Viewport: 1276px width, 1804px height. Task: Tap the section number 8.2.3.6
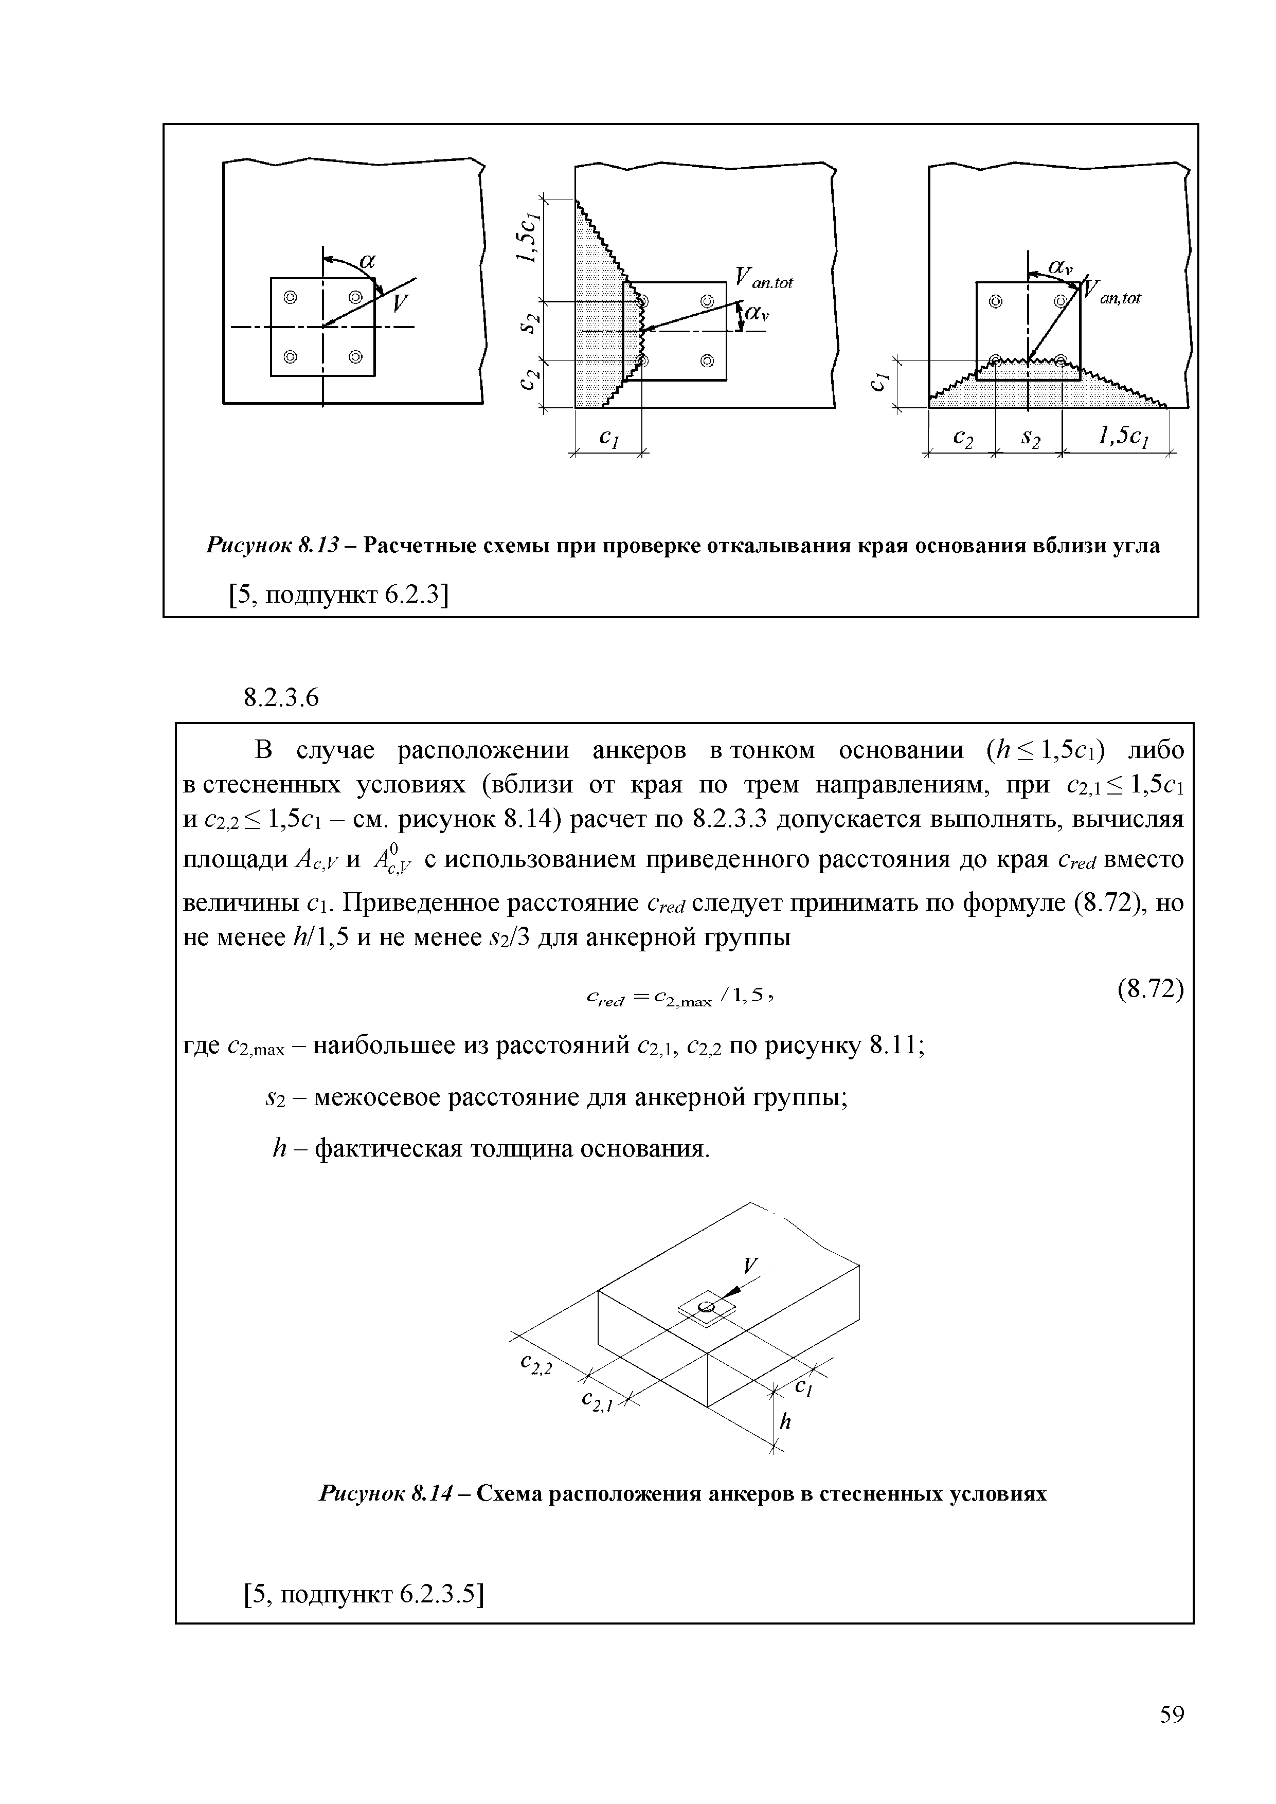coord(281,697)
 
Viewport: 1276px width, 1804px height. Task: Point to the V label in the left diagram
coord(401,302)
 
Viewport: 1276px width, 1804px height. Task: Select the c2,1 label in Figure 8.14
coord(597,1400)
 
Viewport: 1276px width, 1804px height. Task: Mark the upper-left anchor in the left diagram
coord(291,298)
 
